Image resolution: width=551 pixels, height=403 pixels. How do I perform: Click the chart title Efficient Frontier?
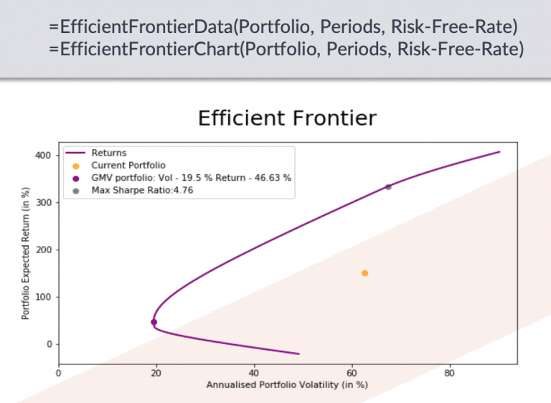tap(287, 118)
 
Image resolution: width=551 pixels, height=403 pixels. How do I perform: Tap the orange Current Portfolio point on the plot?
tap(364, 273)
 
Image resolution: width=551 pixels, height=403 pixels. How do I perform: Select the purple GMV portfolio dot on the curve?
tap(154, 322)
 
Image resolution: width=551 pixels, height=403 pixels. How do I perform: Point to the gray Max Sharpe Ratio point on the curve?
tap(388, 187)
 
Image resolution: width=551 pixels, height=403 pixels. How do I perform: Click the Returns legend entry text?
tap(109, 153)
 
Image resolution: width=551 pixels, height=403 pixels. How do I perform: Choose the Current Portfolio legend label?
tap(128, 165)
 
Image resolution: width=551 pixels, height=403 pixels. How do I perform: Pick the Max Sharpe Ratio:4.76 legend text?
tap(142, 190)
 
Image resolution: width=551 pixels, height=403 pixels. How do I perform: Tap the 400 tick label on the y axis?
tap(43, 156)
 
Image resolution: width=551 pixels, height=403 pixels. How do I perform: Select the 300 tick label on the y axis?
tap(43, 203)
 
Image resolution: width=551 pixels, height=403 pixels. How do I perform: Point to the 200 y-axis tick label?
tap(43, 250)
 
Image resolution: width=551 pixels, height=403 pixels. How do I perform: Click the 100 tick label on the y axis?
tap(43, 298)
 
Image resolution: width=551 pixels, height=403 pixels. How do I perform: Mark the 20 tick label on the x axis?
tap(156, 373)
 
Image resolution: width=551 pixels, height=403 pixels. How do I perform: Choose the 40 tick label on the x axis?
tap(254, 373)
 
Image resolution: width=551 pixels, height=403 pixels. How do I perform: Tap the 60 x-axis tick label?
tap(352, 373)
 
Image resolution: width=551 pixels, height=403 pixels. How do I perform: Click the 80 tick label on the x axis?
tap(449, 373)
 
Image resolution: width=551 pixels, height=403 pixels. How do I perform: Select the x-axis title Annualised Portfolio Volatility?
tap(287, 385)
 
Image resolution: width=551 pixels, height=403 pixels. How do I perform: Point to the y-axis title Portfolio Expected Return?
tap(25, 253)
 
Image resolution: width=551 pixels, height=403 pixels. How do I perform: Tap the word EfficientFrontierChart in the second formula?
tap(150, 49)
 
